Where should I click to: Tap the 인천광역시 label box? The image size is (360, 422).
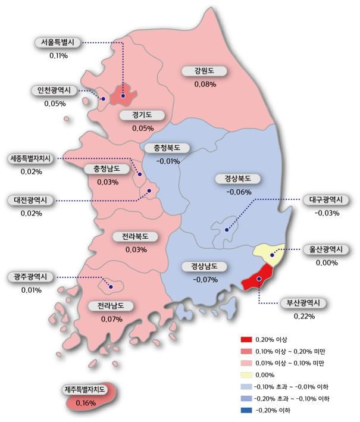coord(51,90)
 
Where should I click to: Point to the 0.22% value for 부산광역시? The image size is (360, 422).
coord(303,316)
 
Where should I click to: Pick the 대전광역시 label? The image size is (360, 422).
coord(31,200)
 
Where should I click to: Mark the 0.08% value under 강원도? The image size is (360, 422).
coord(205,85)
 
